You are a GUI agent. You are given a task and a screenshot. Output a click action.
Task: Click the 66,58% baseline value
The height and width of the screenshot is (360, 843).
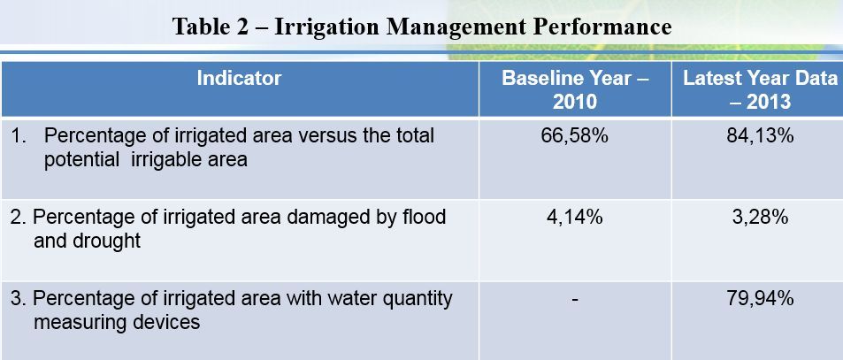575,136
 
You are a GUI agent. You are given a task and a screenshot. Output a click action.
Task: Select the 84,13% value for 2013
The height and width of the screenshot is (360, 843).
760,136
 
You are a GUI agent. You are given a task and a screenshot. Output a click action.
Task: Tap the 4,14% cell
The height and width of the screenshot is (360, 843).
575,217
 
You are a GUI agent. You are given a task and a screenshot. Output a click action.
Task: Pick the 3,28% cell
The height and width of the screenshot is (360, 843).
760,217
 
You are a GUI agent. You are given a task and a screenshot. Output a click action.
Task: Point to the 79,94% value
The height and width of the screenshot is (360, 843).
760,298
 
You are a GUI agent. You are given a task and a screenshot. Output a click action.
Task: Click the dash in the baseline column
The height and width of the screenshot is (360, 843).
575,300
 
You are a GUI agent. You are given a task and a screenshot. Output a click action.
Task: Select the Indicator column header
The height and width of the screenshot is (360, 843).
239,79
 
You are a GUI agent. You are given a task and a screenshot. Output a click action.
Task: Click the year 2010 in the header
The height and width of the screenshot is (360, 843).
575,102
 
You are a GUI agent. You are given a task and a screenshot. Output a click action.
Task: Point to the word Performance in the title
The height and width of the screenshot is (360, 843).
602,27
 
